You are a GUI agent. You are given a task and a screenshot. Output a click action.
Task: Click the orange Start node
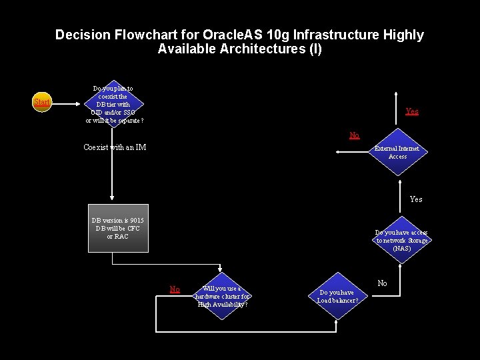click(x=42, y=102)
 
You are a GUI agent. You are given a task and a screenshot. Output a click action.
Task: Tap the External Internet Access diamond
click(x=397, y=153)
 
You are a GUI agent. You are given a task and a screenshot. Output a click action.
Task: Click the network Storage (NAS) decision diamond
click(x=401, y=241)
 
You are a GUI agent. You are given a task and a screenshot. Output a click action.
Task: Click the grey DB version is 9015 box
click(x=118, y=228)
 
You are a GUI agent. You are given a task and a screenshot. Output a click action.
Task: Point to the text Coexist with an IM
click(x=115, y=147)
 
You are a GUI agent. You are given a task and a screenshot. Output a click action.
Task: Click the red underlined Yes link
click(x=412, y=111)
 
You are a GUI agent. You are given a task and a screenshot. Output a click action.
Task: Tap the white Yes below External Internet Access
click(x=416, y=199)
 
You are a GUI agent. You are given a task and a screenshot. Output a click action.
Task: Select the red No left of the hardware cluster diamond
click(x=175, y=289)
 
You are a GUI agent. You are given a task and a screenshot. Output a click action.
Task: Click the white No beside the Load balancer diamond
click(x=382, y=283)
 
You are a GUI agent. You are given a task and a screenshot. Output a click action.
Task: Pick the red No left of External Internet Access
click(x=355, y=135)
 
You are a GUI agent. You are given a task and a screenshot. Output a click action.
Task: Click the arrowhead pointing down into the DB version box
click(x=112, y=199)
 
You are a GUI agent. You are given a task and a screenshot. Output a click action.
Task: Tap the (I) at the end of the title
click(x=315, y=49)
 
